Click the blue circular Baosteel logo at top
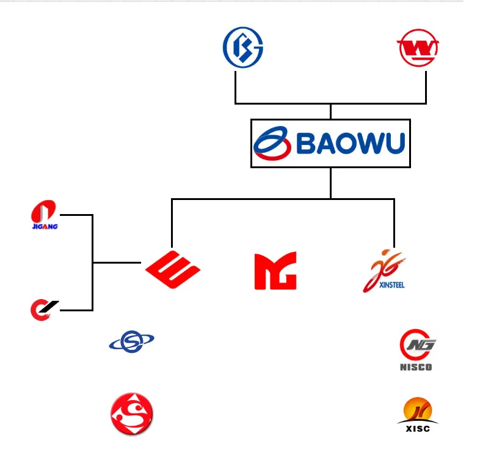point(242,48)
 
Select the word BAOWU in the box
point(351,144)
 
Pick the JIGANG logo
point(43,212)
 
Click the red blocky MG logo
point(275,270)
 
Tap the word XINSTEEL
point(391,285)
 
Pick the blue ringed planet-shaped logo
point(131,341)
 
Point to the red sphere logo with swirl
point(131,414)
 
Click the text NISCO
point(416,367)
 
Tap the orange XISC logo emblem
point(418,410)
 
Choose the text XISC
point(418,429)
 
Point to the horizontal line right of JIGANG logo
point(76,215)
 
